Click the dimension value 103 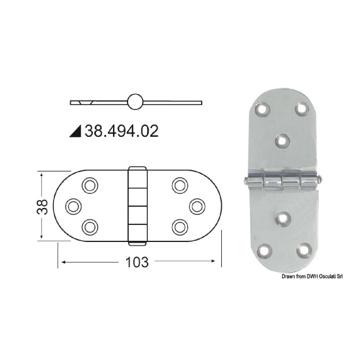pyautogui.click(x=137, y=262)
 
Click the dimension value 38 pyautogui.click(x=43, y=206)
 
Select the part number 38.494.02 pyautogui.click(x=121, y=131)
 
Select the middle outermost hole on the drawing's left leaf pyautogui.click(x=73, y=206)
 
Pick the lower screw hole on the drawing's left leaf pyautogui.click(x=89, y=227)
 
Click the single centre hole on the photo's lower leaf pyautogui.click(x=283, y=219)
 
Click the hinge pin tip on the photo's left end pyautogui.click(x=246, y=180)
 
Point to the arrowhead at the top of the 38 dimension pyautogui.click(x=42, y=175)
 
